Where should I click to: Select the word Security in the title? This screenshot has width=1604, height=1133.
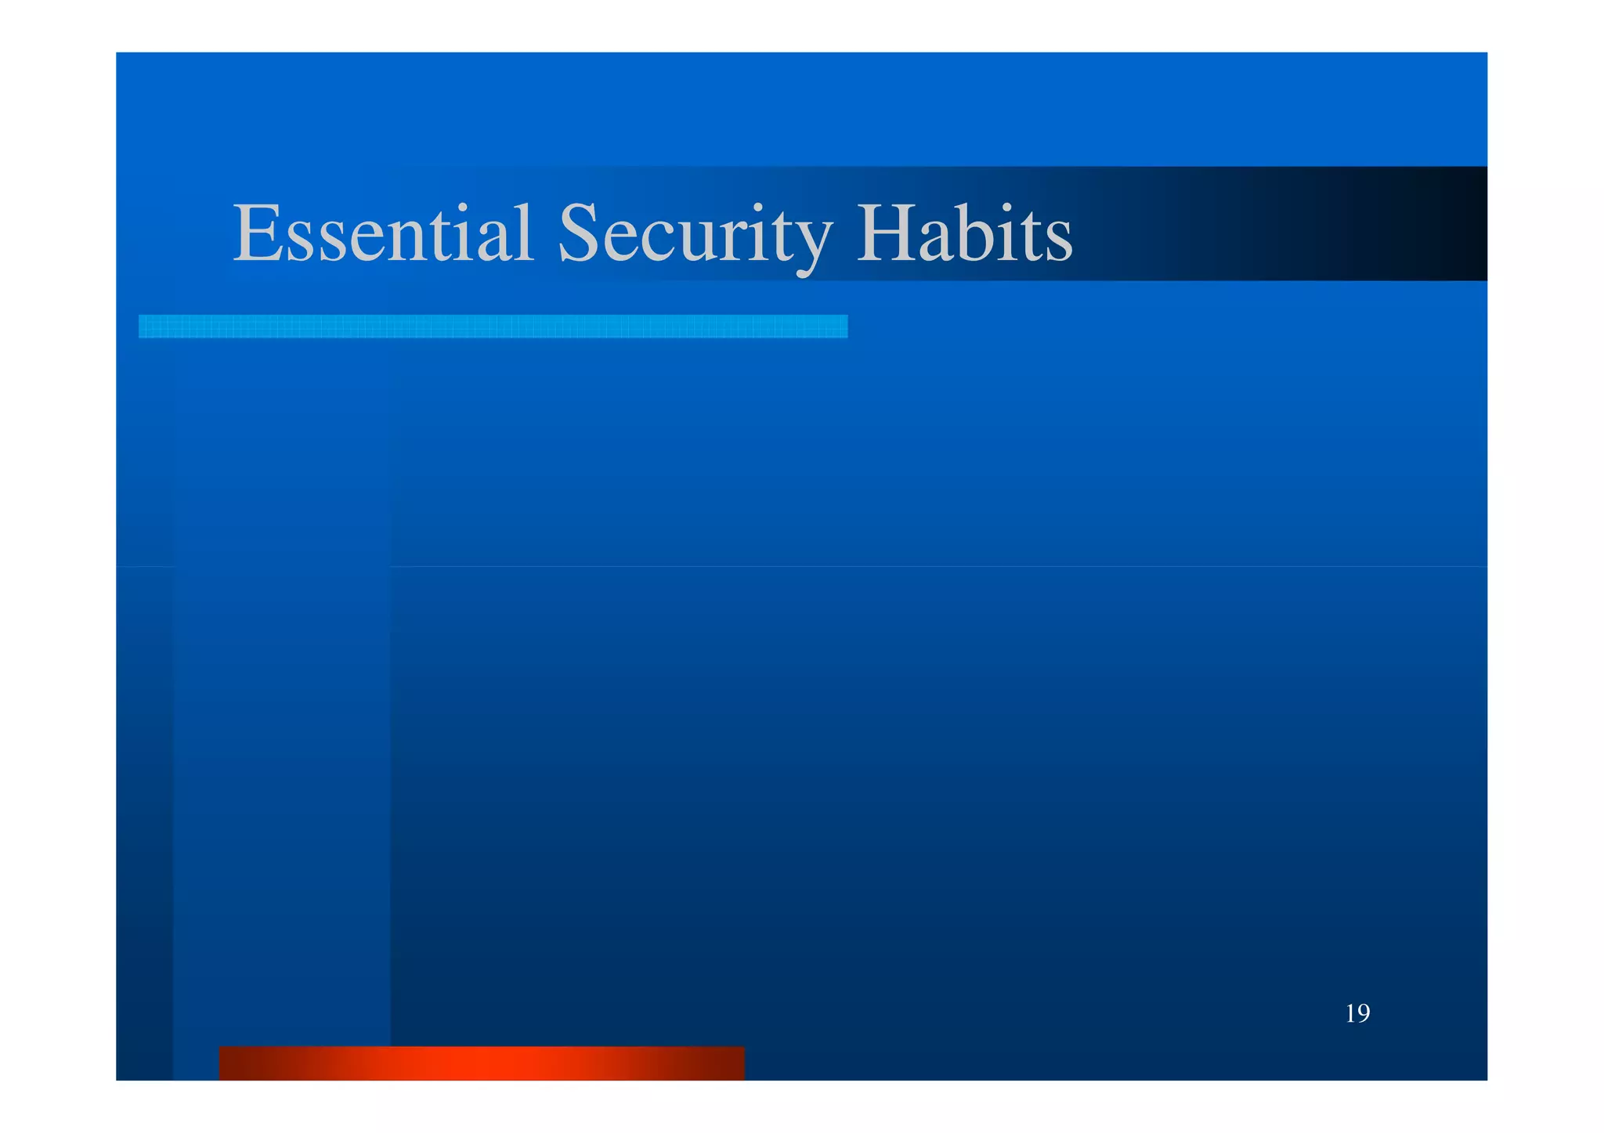click(694, 234)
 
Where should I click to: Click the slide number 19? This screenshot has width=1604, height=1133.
click(1357, 1013)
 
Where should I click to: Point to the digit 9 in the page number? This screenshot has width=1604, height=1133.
click(1364, 1013)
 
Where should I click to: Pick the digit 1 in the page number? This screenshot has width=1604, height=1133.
click(1351, 1013)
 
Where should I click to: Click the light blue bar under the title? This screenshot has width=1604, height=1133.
click(493, 327)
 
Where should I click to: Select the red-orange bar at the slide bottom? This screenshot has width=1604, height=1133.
click(481, 1063)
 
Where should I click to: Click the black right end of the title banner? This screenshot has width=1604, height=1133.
click(1457, 224)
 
